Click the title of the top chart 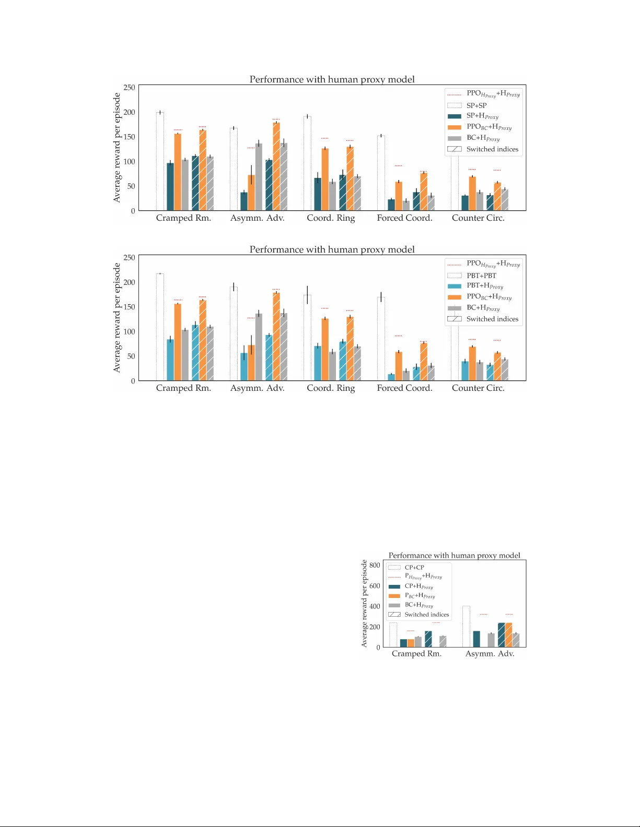pos(332,79)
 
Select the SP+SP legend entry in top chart pos(476,105)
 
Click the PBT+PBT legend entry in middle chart pos(481,275)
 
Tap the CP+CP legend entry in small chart pos(414,567)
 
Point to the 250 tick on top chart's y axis pos(129,88)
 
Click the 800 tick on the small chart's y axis pos(375,565)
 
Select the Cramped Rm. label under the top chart pos(183,218)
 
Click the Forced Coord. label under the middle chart pos(404,388)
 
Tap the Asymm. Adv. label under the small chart pos(490,654)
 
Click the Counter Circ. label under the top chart pos(478,218)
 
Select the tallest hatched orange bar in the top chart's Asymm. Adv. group pos(276,166)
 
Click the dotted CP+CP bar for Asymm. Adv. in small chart pos(466,627)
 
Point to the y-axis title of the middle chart pos(117,318)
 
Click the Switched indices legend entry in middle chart pos(492,319)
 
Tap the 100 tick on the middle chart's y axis pos(129,332)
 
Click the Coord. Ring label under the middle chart pos(331,388)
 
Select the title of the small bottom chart pos(454,555)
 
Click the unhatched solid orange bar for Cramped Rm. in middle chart pos(178,342)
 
